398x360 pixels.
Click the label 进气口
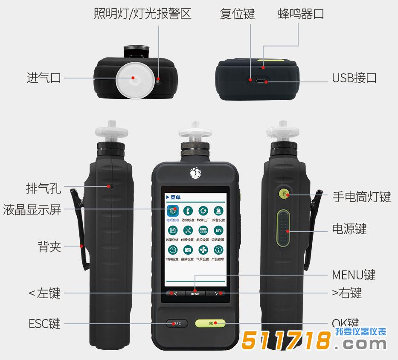[x=44, y=78]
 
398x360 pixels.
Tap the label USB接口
[x=354, y=78]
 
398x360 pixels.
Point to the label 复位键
[x=237, y=14]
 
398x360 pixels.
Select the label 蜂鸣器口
[x=301, y=14]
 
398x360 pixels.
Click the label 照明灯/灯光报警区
[x=142, y=14]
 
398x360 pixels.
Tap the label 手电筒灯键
[x=361, y=197]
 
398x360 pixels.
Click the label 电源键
[x=349, y=229]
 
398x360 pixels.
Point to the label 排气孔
[x=44, y=188]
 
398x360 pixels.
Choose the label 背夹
[x=50, y=247]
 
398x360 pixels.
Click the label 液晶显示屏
[x=32, y=210]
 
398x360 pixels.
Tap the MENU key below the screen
[x=195, y=293]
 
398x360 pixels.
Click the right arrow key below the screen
[x=216, y=293]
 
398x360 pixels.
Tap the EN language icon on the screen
[x=218, y=231]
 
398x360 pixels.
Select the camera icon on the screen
[x=188, y=250]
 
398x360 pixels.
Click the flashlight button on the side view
[x=284, y=195]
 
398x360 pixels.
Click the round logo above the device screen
[x=195, y=173]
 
